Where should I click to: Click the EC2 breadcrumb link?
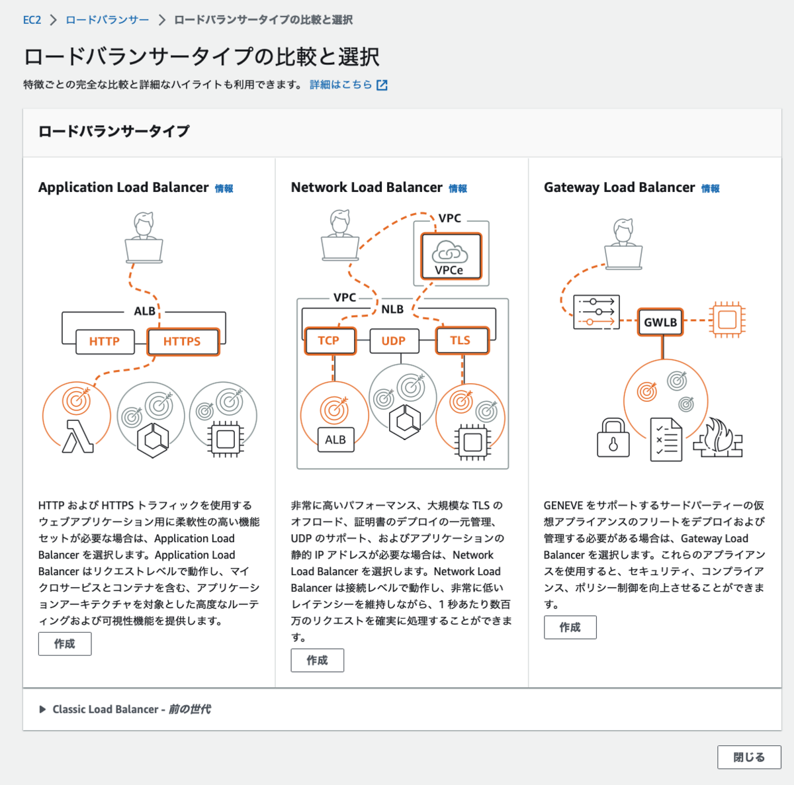tap(32, 20)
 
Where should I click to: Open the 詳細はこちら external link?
tap(348, 85)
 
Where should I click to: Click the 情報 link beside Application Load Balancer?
tap(224, 189)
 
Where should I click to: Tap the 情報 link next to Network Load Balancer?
tap(457, 189)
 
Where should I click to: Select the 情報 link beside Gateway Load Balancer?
tap(710, 189)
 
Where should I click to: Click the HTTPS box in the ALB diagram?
tap(183, 342)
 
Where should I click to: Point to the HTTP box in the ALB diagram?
tap(105, 342)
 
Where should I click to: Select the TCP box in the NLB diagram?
tap(330, 341)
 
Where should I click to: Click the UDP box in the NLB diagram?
tap(394, 341)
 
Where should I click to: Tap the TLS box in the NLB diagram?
tap(463, 341)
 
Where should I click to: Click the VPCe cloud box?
tap(451, 256)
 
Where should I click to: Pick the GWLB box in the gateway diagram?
tap(660, 322)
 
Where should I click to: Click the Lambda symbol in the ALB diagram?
tap(78, 437)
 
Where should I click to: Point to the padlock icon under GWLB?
tap(613, 438)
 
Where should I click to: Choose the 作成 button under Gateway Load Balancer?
tap(570, 627)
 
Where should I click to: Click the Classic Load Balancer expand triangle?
tap(42, 709)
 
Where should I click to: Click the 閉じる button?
tap(748, 757)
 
